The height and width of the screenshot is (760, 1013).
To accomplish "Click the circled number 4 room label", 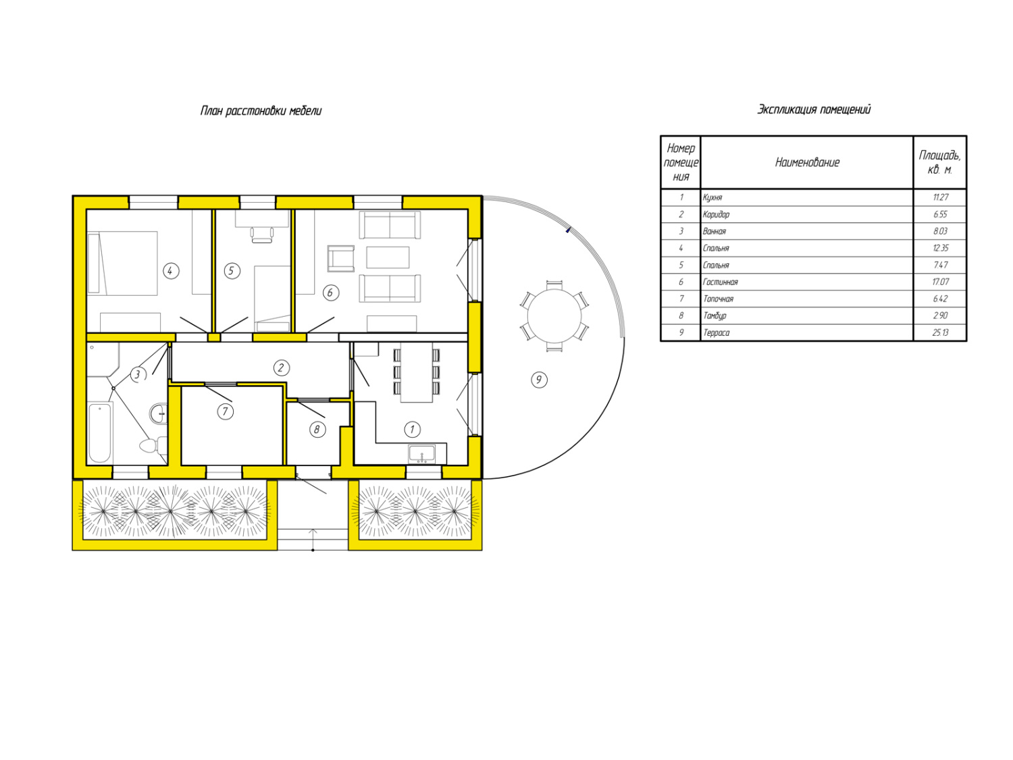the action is click(171, 271).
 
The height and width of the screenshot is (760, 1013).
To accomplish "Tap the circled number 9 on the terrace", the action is click(538, 380).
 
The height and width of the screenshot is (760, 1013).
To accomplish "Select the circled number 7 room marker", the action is click(225, 411).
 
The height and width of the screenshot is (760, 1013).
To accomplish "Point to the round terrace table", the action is click(554, 316).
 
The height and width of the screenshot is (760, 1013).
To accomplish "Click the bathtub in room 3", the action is click(100, 432).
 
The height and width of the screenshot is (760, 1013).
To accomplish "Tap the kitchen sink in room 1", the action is click(421, 453).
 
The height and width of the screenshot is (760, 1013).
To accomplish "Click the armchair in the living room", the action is click(341, 259).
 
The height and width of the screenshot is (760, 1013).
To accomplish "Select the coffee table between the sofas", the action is click(388, 257).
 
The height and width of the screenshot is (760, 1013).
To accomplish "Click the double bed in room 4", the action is click(122, 263).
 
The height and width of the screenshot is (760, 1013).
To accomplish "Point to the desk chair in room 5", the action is click(261, 234).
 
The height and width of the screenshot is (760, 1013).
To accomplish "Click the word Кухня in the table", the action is click(712, 197).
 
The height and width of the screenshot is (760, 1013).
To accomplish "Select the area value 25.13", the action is click(940, 332).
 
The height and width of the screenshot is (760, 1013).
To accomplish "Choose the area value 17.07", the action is click(940, 282).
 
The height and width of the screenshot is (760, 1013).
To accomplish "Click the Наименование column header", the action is click(807, 162).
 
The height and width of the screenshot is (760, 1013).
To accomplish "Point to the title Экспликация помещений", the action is click(814, 109).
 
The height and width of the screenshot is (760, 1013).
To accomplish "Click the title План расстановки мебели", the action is click(261, 111).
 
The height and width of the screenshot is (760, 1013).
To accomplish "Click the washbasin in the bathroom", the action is click(158, 413).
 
